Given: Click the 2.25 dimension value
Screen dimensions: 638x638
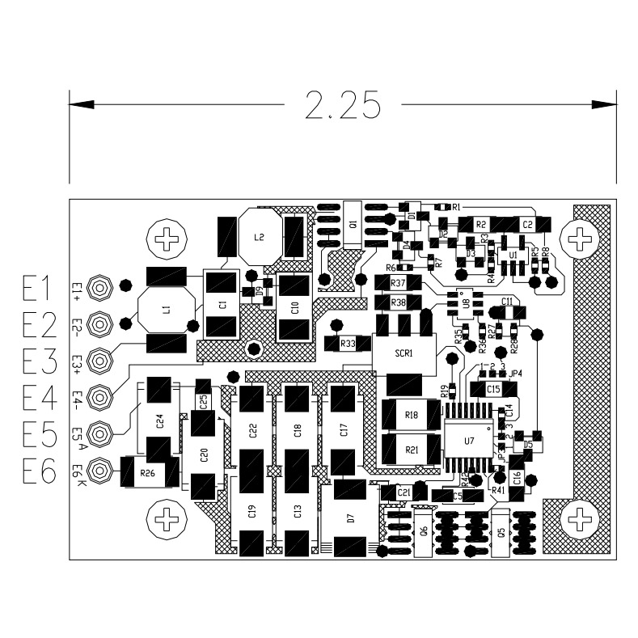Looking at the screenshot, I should (x=343, y=105).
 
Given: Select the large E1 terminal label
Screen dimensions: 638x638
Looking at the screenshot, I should (x=37, y=289).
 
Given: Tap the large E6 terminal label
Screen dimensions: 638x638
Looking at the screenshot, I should (x=37, y=471).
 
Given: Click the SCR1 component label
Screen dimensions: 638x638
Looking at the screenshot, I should (x=404, y=353).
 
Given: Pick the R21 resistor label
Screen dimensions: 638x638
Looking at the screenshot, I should (x=411, y=450).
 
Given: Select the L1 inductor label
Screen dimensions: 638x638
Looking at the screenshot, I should (x=166, y=310).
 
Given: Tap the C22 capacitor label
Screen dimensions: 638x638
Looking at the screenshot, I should (x=253, y=430).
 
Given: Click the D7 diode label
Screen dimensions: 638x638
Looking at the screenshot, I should (x=350, y=518).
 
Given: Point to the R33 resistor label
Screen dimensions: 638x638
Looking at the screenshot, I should (x=349, y=344).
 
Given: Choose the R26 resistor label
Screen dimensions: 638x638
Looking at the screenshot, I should (x=146, y=473).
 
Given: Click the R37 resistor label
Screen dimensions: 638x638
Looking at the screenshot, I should (x=398, y=284).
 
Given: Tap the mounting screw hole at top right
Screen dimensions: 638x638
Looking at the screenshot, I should (x=579, y=239).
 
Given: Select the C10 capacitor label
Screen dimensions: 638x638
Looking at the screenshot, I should (x=294, y=307).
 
